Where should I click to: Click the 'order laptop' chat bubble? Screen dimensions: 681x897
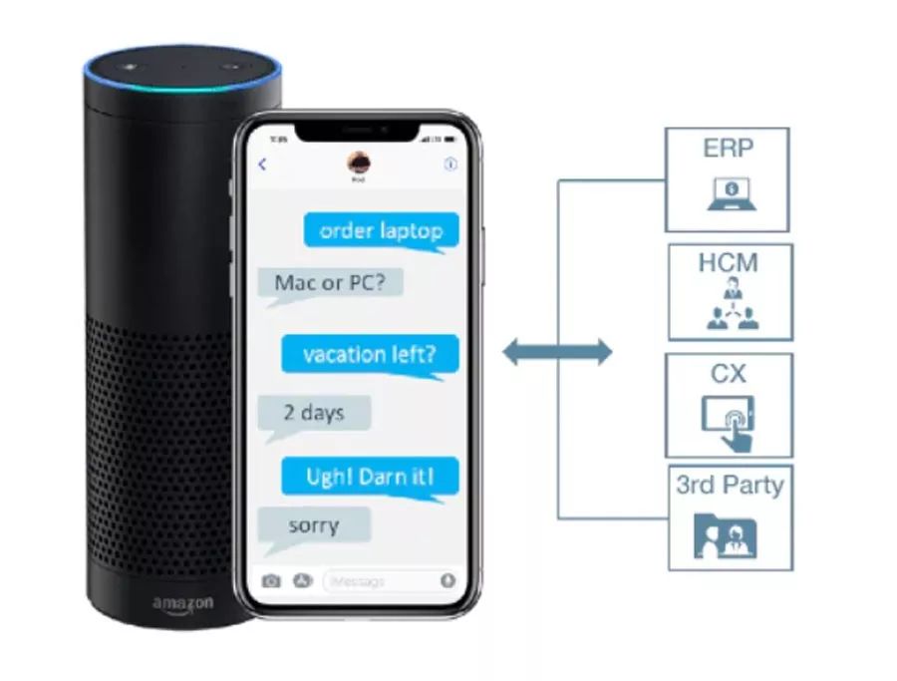click(381, 231)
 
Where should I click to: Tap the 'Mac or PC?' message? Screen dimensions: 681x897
click(330, 283)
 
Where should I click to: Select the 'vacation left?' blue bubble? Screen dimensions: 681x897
click(368, 353)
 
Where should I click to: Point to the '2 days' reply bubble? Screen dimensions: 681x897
click(313, 413)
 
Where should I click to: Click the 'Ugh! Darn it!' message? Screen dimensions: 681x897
click(370, 476)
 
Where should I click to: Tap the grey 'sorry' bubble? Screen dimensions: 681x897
click(313, 525)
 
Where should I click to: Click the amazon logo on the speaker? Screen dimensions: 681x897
click(182, 604)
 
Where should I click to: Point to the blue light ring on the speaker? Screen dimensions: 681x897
click(182, 82)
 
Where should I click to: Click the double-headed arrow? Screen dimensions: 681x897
click(557, 351)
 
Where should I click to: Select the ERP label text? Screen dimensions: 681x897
click(727, 149)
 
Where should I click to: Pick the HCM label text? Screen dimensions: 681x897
click(729, 263)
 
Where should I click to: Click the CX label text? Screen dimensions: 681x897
click(729, 374)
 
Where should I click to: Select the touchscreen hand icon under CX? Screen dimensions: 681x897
click(729, 420)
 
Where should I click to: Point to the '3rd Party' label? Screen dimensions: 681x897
click(730, 486)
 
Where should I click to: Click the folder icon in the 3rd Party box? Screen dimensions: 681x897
click(726, 535)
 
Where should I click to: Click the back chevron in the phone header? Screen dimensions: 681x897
click(263, 165)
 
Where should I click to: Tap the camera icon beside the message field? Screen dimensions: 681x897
click(271, 580)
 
